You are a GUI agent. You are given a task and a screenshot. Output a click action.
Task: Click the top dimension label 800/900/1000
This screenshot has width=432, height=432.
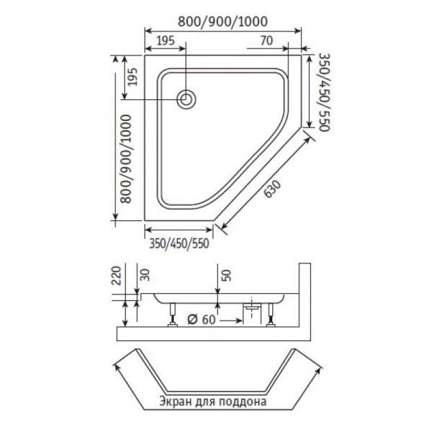222,22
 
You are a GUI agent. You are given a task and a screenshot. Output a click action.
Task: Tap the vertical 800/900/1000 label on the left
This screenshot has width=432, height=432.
127,158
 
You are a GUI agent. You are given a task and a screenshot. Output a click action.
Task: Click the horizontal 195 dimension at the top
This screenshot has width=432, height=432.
166,40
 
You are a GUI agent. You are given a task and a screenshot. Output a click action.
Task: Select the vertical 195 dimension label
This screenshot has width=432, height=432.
133,76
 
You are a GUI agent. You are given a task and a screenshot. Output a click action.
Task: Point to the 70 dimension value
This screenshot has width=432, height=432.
266,40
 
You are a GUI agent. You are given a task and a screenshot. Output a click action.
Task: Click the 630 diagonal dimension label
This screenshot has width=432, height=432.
272,189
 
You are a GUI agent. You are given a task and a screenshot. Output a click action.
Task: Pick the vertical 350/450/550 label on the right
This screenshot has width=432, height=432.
324,92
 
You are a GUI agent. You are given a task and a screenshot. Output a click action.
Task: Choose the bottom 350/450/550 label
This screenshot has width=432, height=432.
179,243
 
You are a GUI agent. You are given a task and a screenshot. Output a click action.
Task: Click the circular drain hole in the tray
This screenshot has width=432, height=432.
186,99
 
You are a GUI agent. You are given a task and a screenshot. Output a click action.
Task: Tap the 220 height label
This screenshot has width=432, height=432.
116,275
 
